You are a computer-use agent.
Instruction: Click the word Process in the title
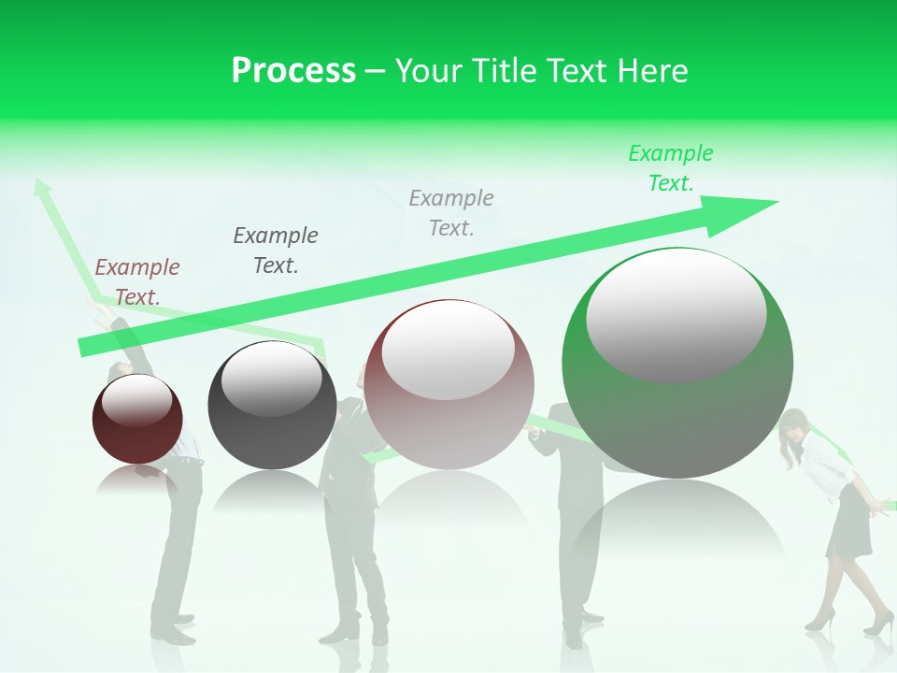[x=293, y=71]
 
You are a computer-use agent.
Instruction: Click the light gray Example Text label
[x=451, y=212]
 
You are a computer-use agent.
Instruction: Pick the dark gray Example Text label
[x=276, y=250]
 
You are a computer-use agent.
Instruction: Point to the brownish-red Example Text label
[x=137, y=281]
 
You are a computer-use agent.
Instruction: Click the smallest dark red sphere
[x=137, y=421]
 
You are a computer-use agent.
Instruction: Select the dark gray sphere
[x=272, y=406]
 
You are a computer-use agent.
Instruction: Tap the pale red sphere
[x=448, y=388]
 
